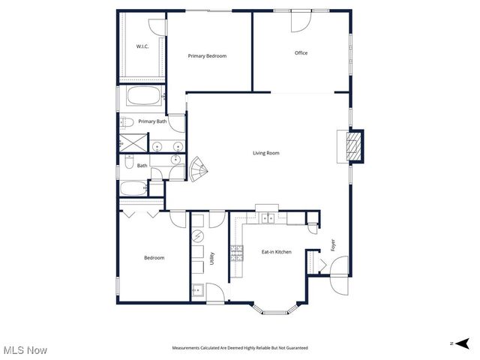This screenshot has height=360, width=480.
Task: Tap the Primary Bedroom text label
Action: click(x=207, y=55)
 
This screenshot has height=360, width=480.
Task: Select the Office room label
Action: click(x=301, y=52)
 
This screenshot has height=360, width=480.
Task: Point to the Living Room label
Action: click(x=265, y=153)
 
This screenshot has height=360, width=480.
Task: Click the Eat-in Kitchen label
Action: click(x=276, y=252)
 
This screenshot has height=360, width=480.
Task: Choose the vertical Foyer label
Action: click(x=332, y=245)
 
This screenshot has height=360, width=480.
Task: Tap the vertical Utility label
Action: click(x=213, y=258)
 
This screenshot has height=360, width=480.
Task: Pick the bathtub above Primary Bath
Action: click(x=142, y=97)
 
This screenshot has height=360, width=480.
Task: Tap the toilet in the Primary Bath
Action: click(x=127, y=122)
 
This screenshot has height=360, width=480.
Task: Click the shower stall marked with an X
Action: click(x=132, y=142)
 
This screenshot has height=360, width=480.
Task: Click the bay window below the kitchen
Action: click(x=277, y=307)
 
